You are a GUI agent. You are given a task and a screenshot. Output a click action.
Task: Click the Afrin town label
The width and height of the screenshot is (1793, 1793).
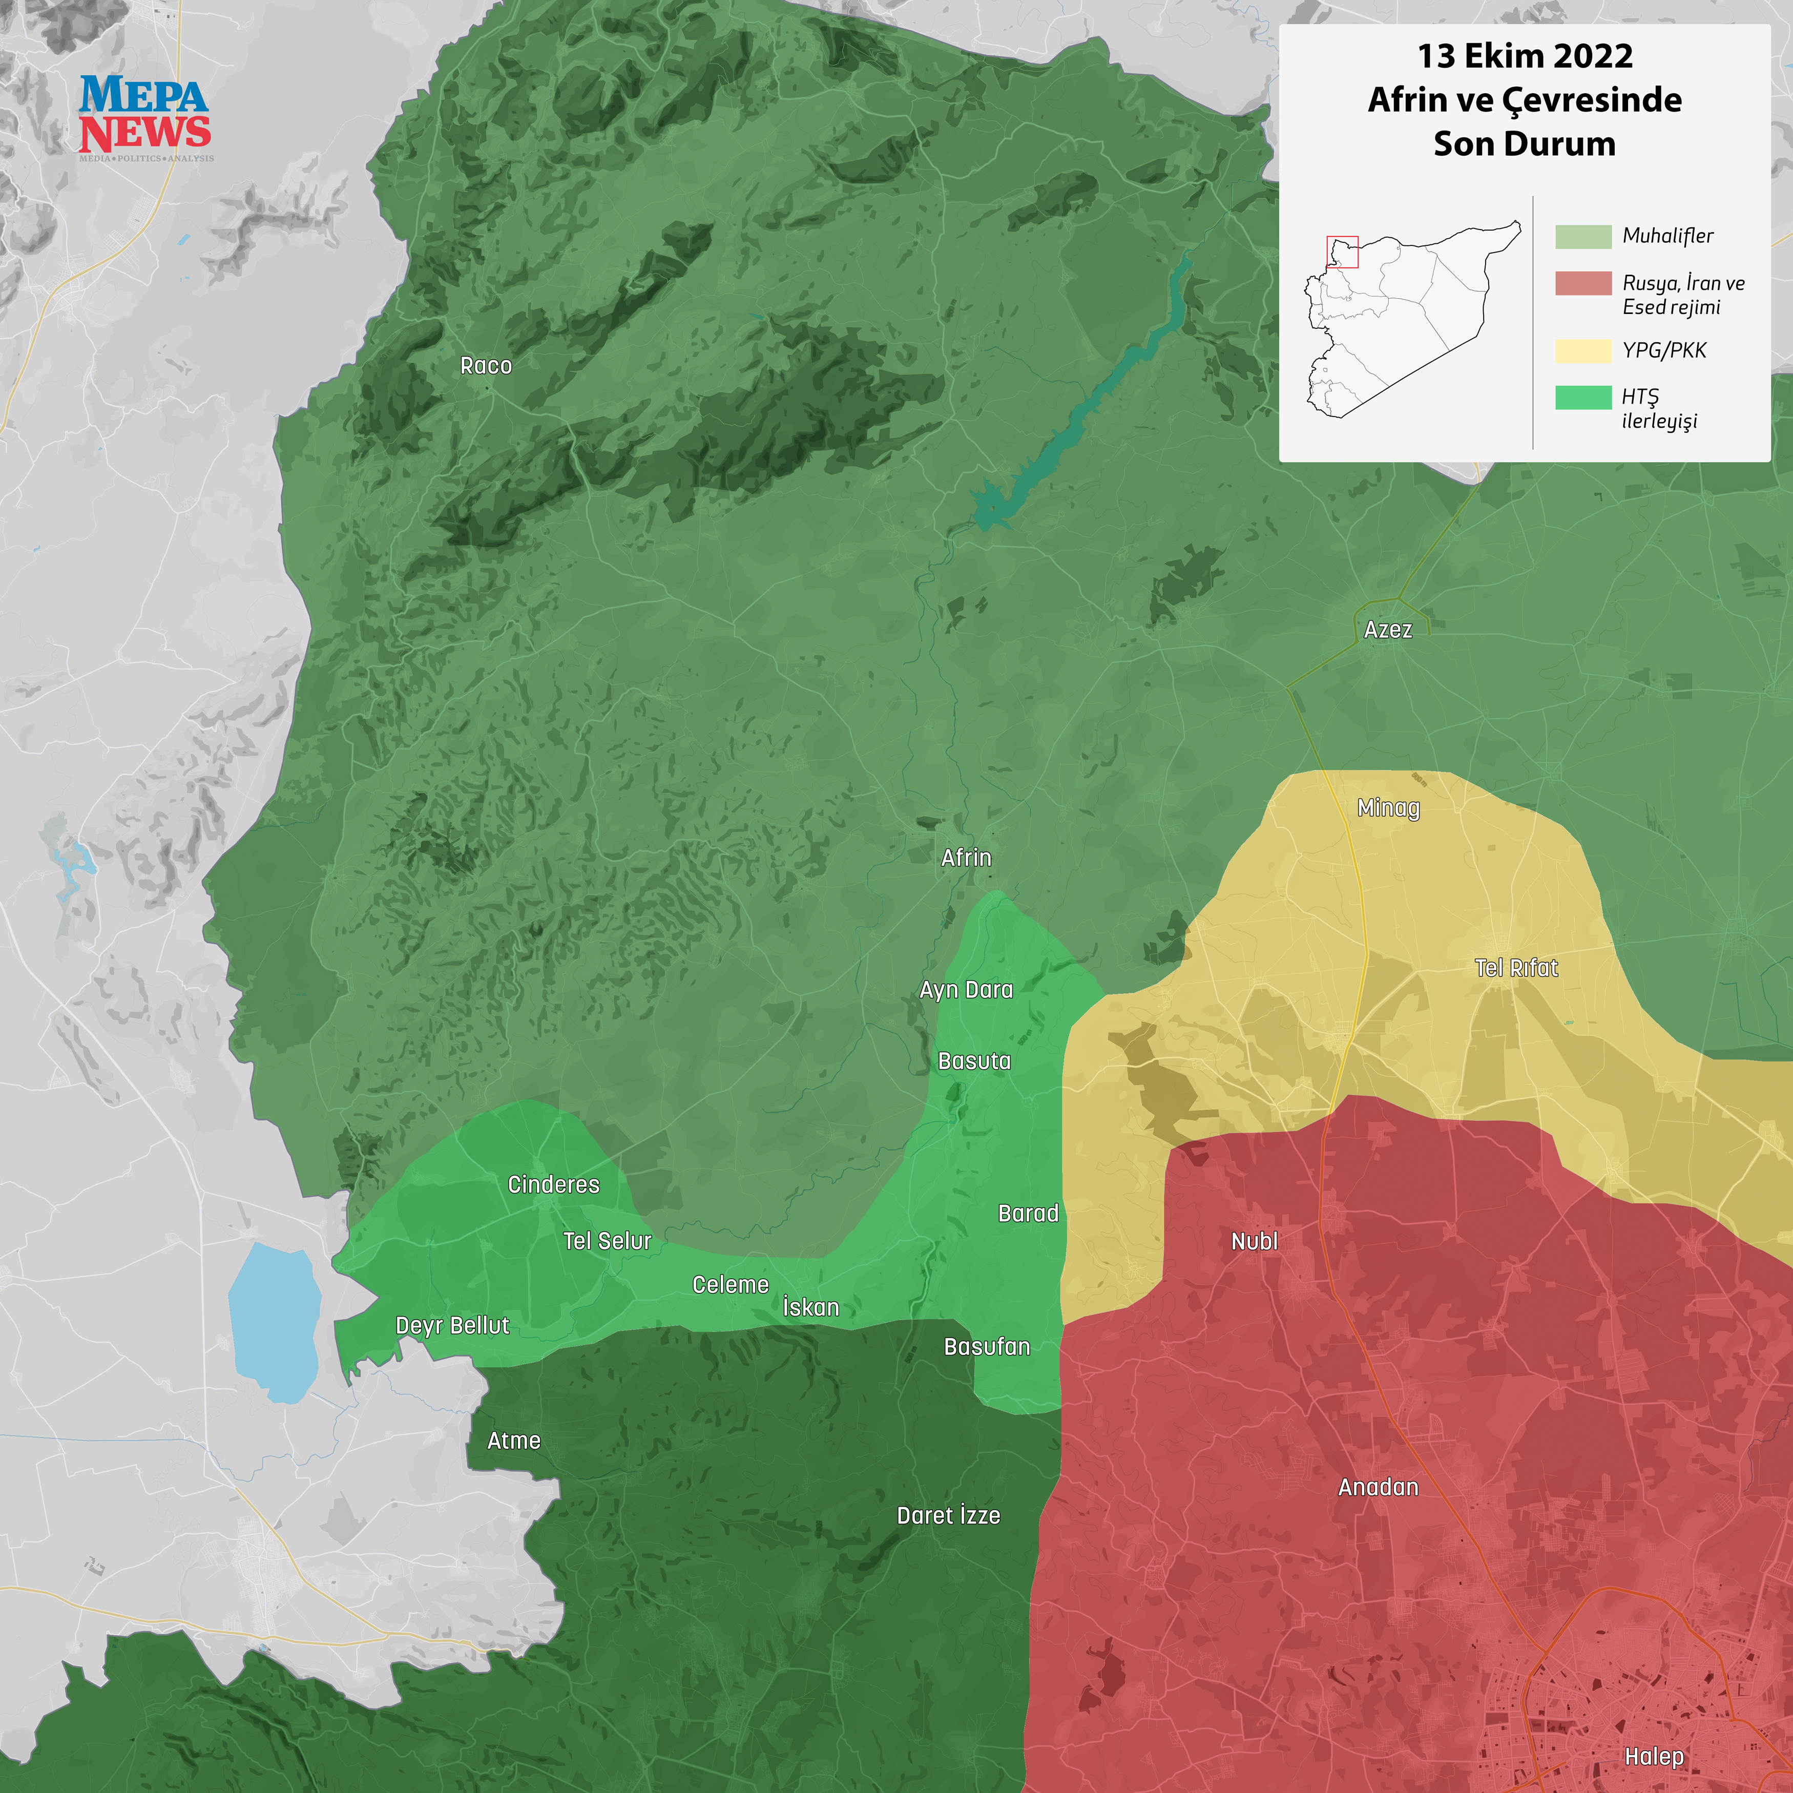(x=966, y=858)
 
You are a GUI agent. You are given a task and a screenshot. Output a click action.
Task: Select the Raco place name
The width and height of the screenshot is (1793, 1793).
(x=485, y=366)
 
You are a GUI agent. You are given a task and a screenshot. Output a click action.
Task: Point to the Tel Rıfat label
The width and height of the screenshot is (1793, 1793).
(x=1516, y=968)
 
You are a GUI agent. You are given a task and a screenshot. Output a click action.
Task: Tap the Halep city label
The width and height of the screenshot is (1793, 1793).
(x=1654, y=1757)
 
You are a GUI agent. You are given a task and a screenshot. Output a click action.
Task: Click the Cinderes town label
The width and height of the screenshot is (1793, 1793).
(x=553, y=1185)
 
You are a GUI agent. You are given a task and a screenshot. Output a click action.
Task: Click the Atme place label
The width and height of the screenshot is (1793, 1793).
(x=513, y=1441)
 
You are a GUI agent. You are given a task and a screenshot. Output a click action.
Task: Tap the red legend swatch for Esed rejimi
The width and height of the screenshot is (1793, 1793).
(x=1582, y=283)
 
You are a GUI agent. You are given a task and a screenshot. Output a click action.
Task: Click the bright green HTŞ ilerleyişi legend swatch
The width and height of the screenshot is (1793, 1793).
(x=1582, y=397)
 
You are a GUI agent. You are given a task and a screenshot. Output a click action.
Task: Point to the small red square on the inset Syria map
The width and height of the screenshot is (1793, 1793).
(x=1342, y=252)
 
